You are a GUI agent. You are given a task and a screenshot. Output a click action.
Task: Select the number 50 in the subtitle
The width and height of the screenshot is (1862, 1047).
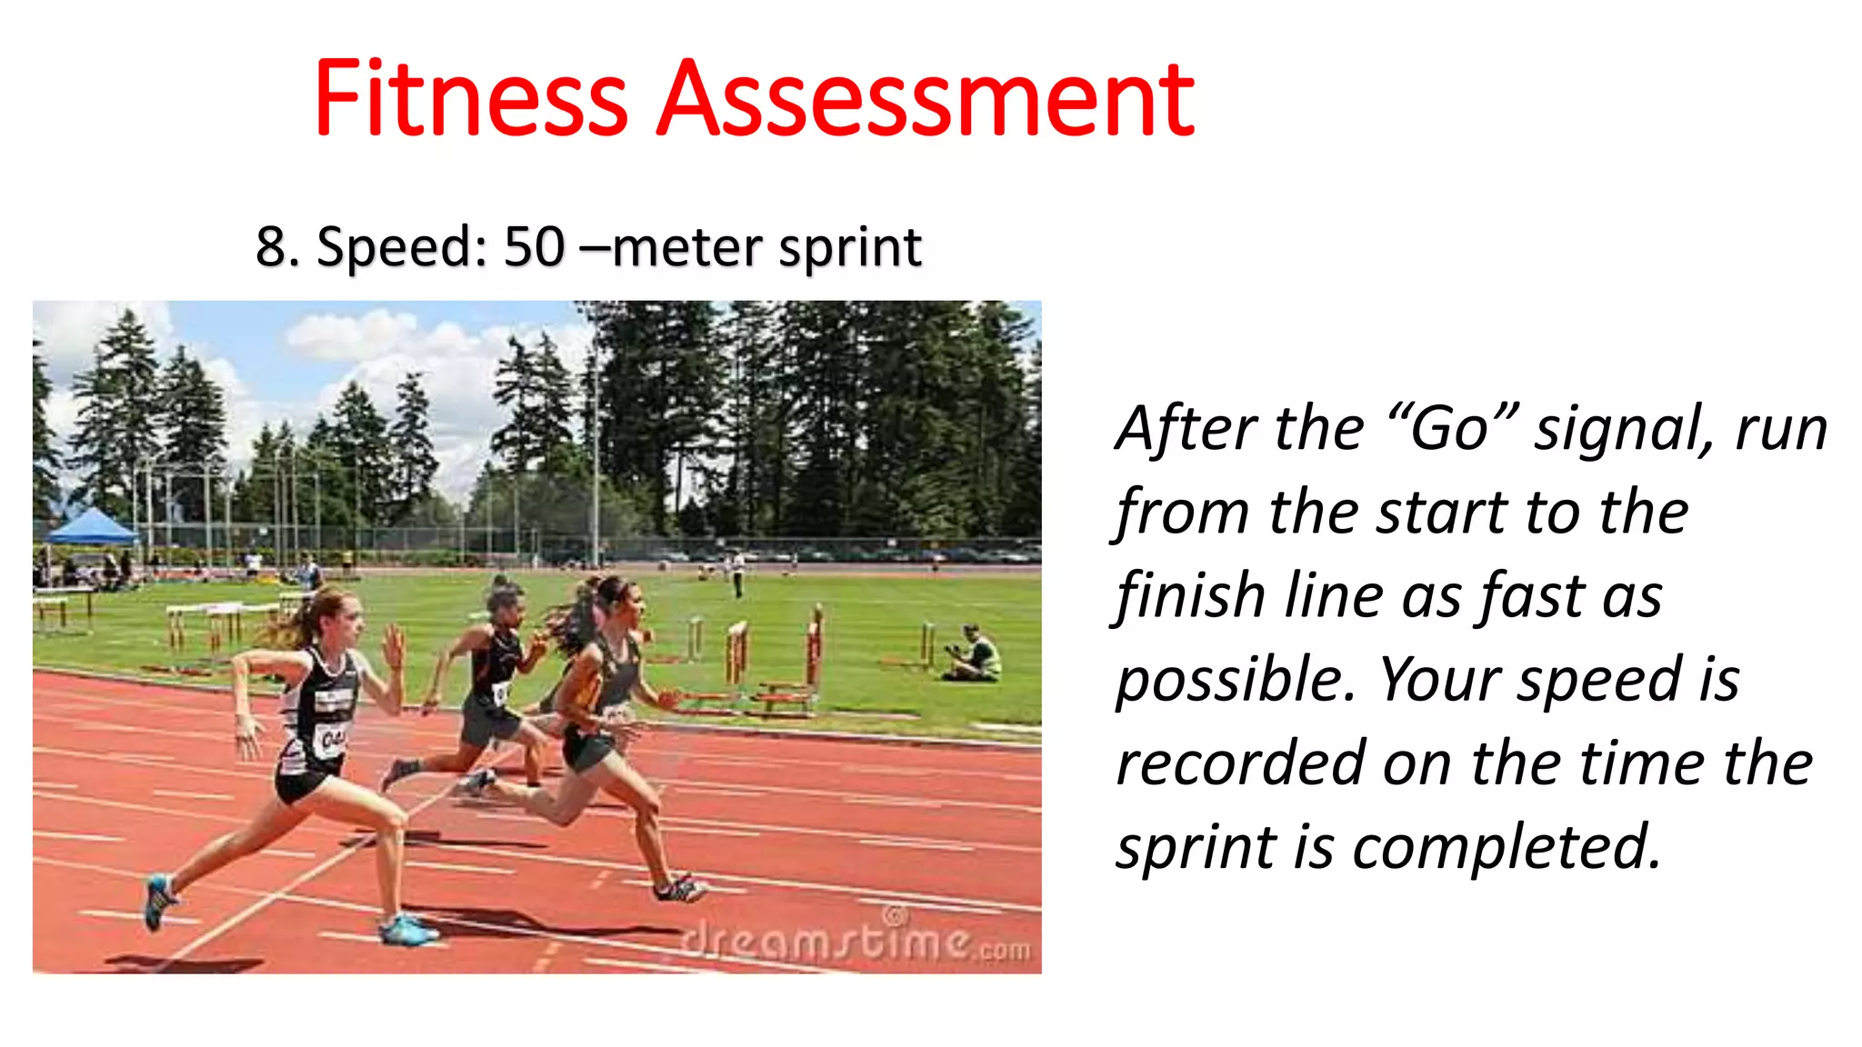coord(534,246)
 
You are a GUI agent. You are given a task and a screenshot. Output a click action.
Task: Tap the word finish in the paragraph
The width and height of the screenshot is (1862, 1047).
coord(1191,596)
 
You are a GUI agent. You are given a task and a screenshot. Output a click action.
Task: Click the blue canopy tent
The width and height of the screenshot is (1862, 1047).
coord(90,527)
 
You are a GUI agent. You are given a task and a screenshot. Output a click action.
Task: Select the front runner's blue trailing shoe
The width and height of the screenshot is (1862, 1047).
coord(159,901)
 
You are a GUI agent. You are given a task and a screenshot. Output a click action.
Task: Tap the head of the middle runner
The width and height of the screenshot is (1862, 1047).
coord(505,600)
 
